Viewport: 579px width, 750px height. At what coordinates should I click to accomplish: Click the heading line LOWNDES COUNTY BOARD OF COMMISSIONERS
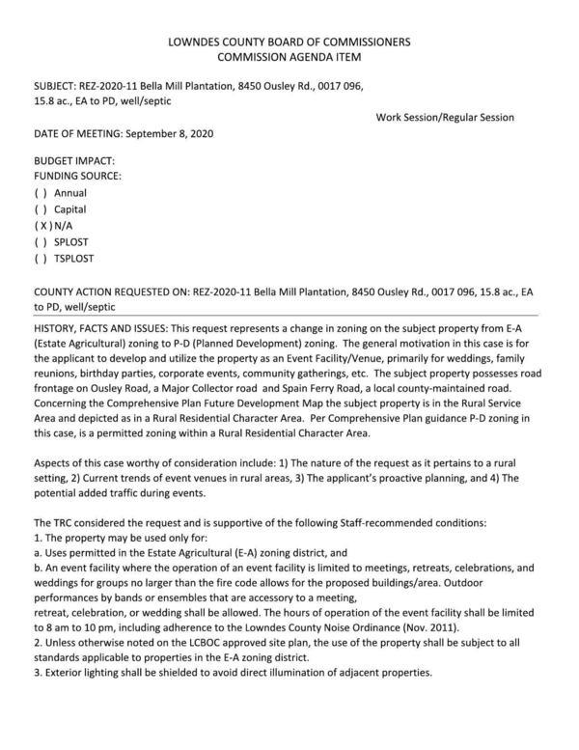289,42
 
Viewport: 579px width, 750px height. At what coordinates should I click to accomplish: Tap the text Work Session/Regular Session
445,117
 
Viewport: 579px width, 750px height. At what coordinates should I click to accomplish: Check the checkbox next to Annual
41,193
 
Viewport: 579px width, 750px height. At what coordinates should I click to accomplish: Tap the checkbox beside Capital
41,209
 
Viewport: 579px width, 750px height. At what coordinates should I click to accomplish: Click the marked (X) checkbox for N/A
41,226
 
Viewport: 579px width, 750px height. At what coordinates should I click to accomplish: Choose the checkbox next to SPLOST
41,242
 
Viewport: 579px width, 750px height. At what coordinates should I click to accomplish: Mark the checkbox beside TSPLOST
41,259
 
